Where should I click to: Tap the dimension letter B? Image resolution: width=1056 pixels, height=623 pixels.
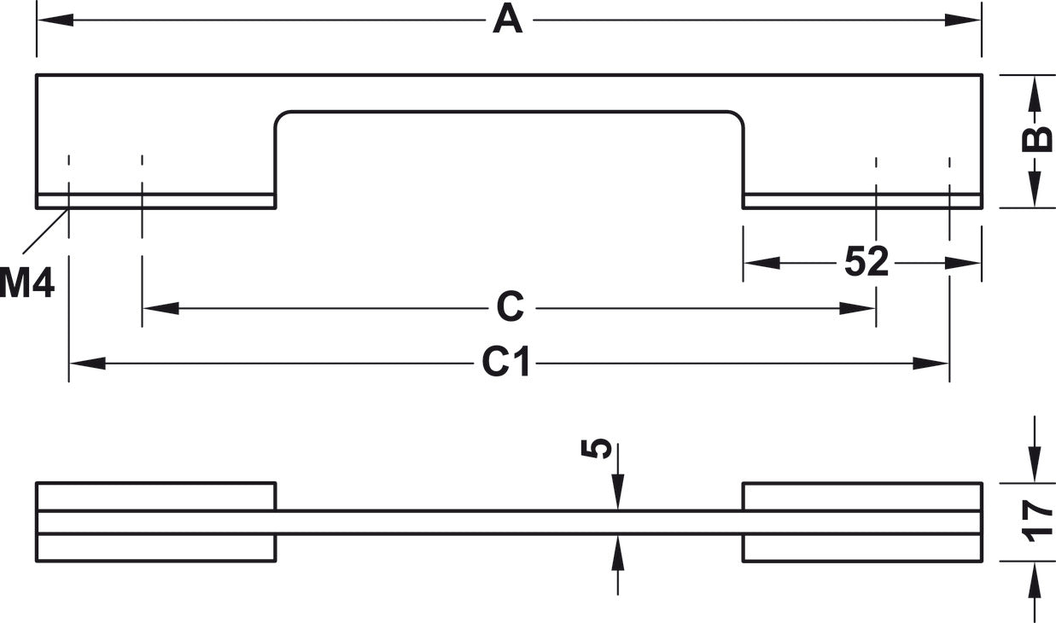[x=1036, y=139]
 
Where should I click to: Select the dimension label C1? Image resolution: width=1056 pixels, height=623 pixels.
[x=506, y=362]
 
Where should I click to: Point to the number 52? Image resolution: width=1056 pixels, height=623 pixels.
[x=866, y=261]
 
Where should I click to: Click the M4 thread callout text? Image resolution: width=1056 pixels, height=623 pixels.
[x=26, y=282]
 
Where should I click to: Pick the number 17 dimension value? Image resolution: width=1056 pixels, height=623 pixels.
[x=1036, y=521]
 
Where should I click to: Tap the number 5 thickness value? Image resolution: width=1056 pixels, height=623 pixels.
[x=597, y=448]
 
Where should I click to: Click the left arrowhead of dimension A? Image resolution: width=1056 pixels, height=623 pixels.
[x=55, y=20]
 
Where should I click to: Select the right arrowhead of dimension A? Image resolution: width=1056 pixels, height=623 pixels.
[x=963, y=20]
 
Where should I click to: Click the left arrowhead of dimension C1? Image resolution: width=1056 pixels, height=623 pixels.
[x=88, y=364]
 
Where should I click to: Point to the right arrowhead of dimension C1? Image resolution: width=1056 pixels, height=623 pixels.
[x=931, y=364]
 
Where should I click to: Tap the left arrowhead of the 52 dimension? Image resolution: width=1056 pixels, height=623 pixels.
[x=761, y=263]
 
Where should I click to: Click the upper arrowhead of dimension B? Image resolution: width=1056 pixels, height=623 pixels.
[x=1035, y=94]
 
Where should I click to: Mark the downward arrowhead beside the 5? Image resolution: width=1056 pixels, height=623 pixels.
[x=618, y=492]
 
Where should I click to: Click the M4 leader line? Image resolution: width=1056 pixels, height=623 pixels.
[x=46, y=232]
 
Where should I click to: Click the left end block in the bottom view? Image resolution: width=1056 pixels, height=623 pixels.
[x=155, y=522]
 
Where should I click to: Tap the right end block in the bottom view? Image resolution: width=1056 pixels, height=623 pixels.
[x=863, y=522]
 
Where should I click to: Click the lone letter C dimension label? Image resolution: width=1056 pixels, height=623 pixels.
[x=510, y=306]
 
